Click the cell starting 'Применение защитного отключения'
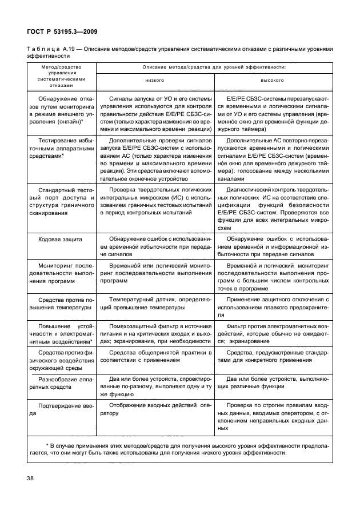coord(272,307)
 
